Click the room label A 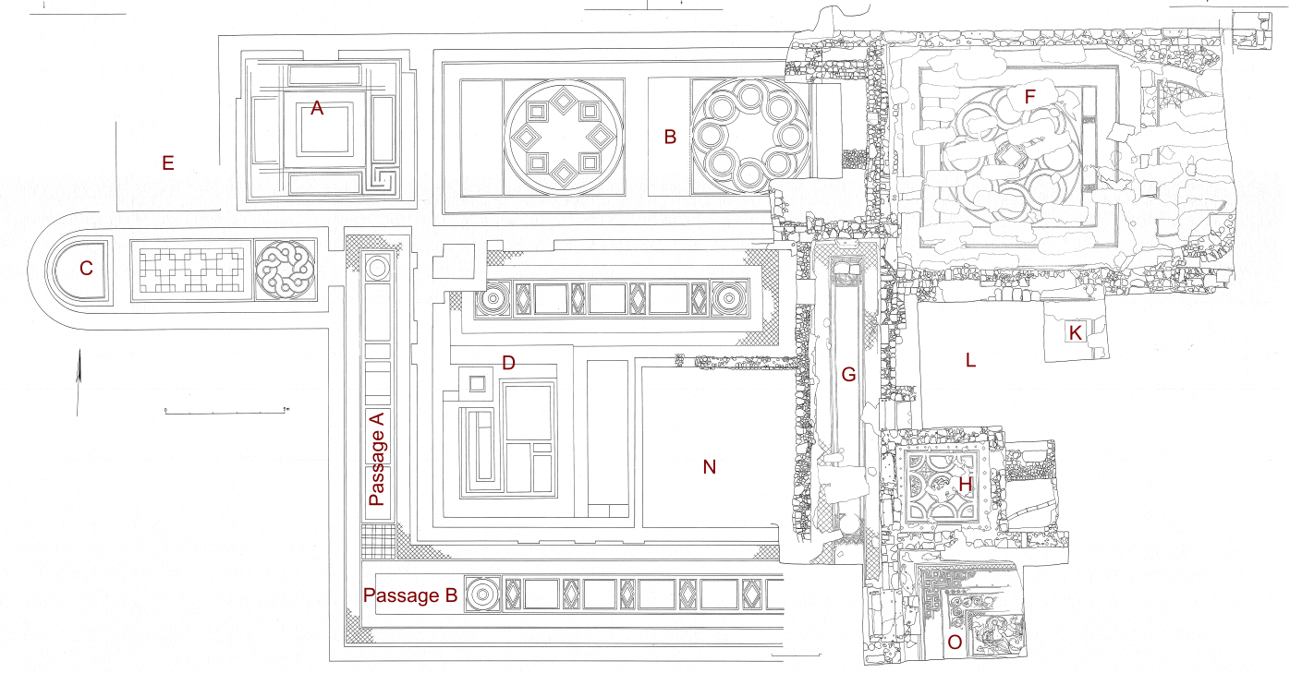pyautogui.click(x=317, y=108)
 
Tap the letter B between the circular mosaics pyautogui.click(x=671, y=138)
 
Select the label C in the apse pyautogui.click(x=86, y=269)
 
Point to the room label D pyautogui.click(x=508, y=363)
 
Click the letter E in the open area pyautogui.click(x=167, y=163)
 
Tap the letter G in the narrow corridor pyautogui.click(x=848, y=374)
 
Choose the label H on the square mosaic pyautogui.click(x=966, y=483)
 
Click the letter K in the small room pyautogui.click(x=1075, y=332)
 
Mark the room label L pyautogui.click(x=970, y=361)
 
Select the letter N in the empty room pyautogui.click(x=710, y=467)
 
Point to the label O pyautogui.click(x=955, y=642)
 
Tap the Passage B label pyautogui.click(x=410, y=596)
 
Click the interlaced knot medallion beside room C pyautogui.click(x=285, y=270)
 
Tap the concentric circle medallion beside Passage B pyautogui.click(x=482, y=595)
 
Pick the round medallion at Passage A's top pyautogui.click(x=377, y=268)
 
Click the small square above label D pyautogui.click(x=477, y=382)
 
